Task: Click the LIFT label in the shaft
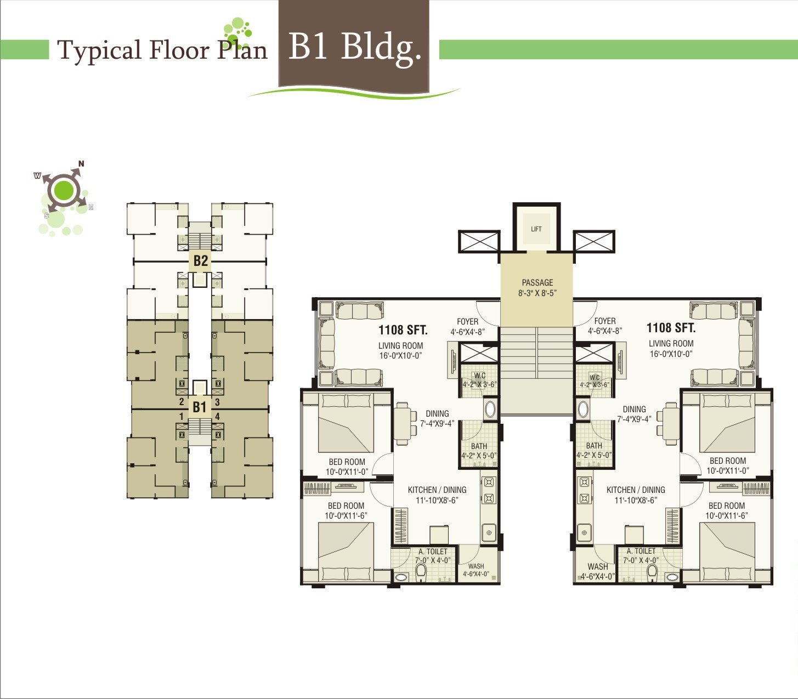point(536,229)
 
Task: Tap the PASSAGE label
point(537,282)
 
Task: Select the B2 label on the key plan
point(201,260)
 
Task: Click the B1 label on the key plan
point(199,407)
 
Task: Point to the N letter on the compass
point(81,163)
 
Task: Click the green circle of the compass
point(64,191)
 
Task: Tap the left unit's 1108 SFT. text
point(403,329)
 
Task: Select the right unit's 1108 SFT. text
point(671,327)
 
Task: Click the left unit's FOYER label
point(467,321)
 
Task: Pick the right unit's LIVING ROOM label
point(671,343)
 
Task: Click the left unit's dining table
point(403,423)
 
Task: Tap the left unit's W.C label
point(480,376)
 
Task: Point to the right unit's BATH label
point(594,445)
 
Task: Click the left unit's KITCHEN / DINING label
point(437,490)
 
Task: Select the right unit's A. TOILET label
point(641,551)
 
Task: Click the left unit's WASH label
point(476,566)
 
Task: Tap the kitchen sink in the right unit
point(585,533)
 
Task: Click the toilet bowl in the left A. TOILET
point(421,571)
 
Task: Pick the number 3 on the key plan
point(217,402)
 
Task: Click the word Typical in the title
point(99,51)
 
